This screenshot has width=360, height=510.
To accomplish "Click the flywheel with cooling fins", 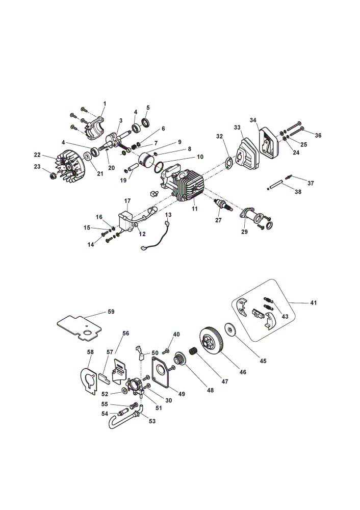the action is point(70,166).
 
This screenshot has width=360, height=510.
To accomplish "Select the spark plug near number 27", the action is point(223,205).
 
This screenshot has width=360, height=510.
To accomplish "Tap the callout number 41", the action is point(313,303).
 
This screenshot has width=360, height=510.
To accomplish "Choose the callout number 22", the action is point(37,155).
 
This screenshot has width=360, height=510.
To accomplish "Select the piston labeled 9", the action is point(146,160).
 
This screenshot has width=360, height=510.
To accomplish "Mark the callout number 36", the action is point(318,135).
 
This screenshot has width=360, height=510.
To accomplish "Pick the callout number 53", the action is point(152,421).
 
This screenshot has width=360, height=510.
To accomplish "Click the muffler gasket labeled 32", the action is point(229,162).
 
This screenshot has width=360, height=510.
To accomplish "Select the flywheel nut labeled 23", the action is point(52,176).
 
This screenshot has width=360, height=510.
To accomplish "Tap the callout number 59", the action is point(111,312).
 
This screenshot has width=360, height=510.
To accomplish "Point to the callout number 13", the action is point(168,215).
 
